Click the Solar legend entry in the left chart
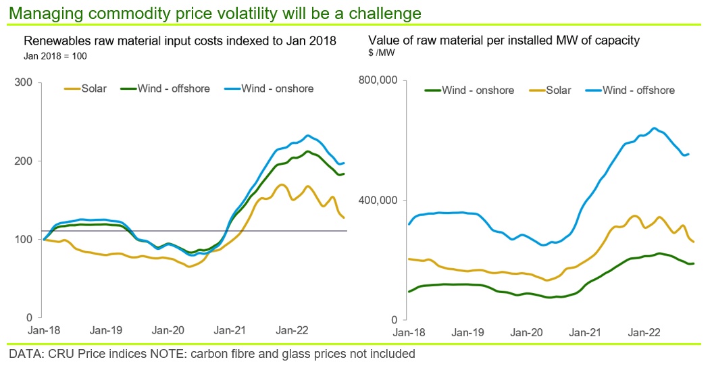[85, 88]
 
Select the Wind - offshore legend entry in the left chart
[166, 88]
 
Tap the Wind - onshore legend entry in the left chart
[269, 88]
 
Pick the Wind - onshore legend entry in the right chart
[469, 90]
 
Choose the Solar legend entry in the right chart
[551, 90]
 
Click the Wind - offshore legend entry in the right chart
[630, 90]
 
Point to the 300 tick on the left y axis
[24, 82]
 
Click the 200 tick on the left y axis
[24, 161]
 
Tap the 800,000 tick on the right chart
[378, 80]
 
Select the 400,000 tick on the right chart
[378, 200]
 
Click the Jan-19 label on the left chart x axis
[106, 330]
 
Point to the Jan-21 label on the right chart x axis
[585, 333]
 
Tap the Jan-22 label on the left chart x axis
[292, 330]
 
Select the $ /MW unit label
[382, 53]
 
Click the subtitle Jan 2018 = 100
[55, 57]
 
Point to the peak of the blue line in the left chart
[308, 135]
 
